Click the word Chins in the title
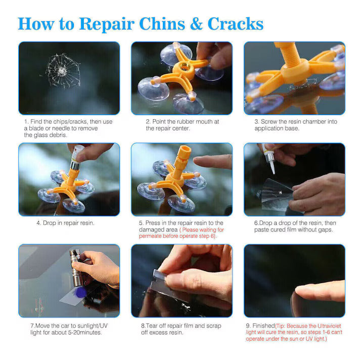tap(162, 24)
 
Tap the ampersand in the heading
tap(196, 24)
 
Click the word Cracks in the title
tap(236, 24)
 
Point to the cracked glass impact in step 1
tap(63, 71)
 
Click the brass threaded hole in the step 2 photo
tap(185, 67)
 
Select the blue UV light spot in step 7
tap(80, 293)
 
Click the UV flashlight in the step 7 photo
tap(76, 268)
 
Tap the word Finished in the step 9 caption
tap(263, 326)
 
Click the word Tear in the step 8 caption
tap(150, 326)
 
